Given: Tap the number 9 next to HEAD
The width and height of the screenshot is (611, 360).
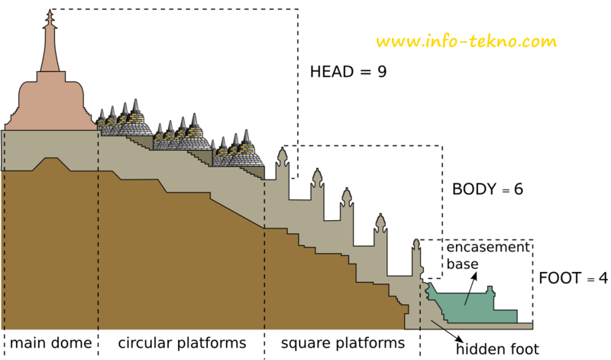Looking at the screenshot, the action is point(382,73).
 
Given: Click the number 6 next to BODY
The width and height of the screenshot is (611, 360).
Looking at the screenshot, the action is point(518,189).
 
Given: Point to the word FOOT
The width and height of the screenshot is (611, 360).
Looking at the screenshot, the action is point(560,277).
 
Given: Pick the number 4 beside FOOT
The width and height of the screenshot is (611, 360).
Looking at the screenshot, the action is point(603,277).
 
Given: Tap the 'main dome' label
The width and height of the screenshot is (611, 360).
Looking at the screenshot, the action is point(50,342).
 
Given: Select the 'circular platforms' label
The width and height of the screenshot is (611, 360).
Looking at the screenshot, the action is point(182,342).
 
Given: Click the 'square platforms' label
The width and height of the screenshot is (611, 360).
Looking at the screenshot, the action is point(341,342).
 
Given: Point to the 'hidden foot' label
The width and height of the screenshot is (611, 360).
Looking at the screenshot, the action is point(497,350).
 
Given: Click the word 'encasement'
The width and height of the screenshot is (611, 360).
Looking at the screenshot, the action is point(487,247).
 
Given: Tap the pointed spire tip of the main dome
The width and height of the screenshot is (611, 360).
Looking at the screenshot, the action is point(50,12).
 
